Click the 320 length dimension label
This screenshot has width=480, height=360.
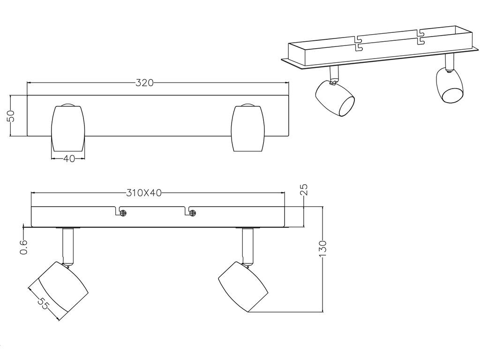144,82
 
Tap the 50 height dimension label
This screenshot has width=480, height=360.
11,116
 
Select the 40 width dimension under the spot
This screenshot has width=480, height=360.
68,159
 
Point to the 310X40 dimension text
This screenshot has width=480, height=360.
144,193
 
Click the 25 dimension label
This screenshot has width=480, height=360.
304,189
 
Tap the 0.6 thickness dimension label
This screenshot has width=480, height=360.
24,247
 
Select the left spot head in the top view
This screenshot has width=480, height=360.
68,128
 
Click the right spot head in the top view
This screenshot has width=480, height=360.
247,128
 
